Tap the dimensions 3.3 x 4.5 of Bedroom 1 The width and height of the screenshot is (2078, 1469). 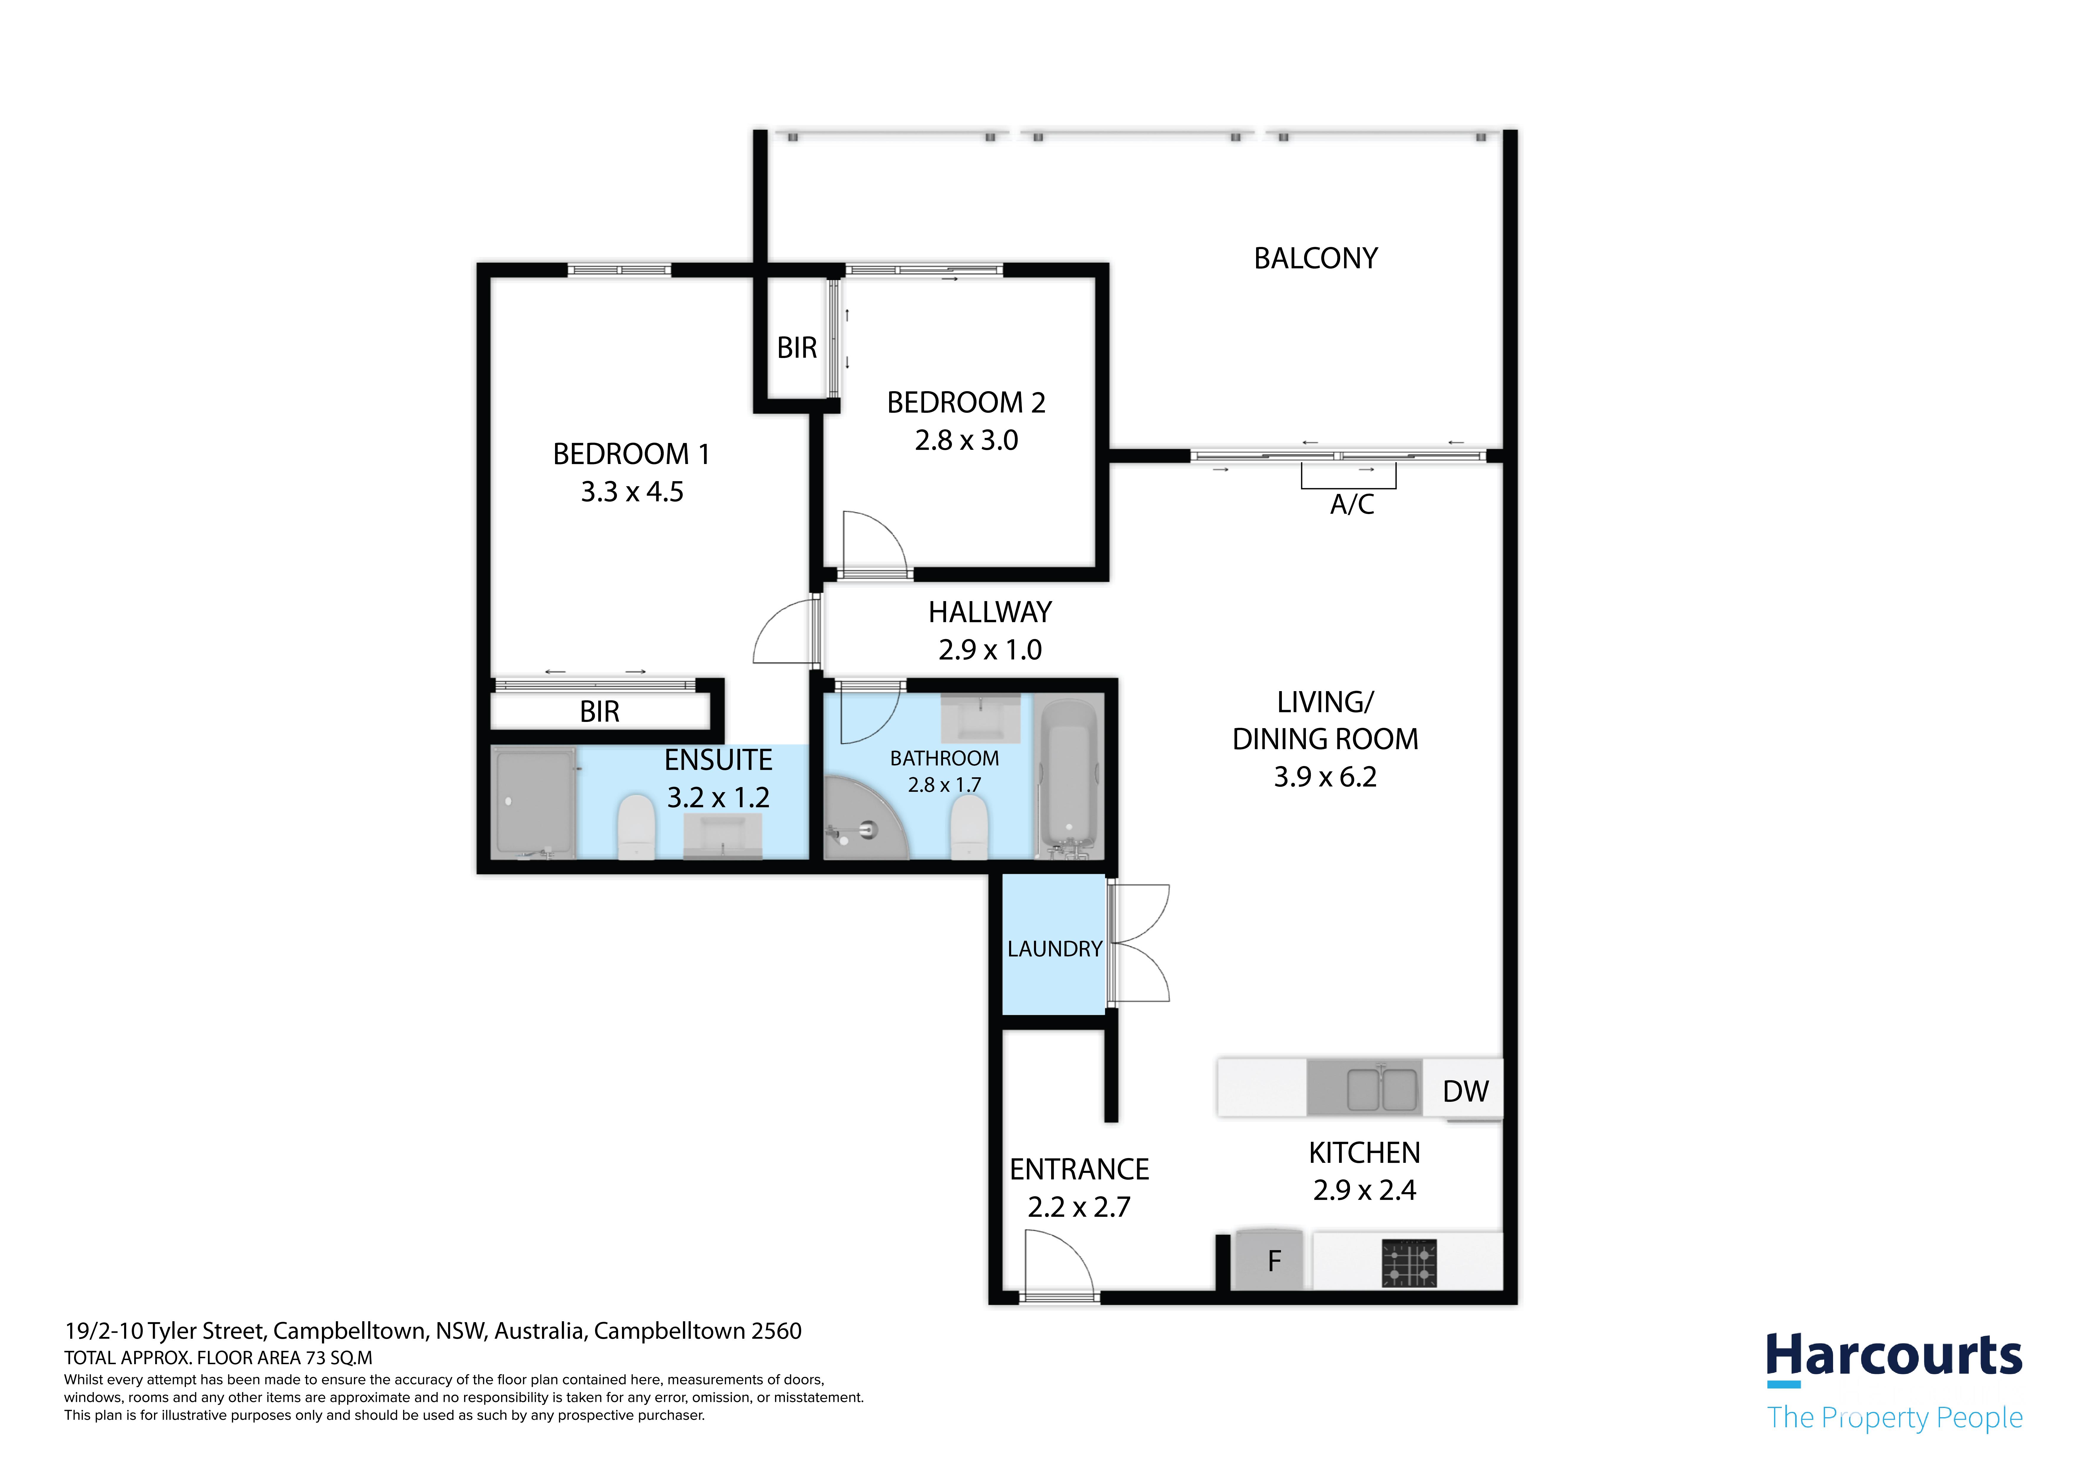pyautogui.click(x=632, y=492)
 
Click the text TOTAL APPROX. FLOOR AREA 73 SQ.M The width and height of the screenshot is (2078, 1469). pyautogui.click(x=218, y=1358)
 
